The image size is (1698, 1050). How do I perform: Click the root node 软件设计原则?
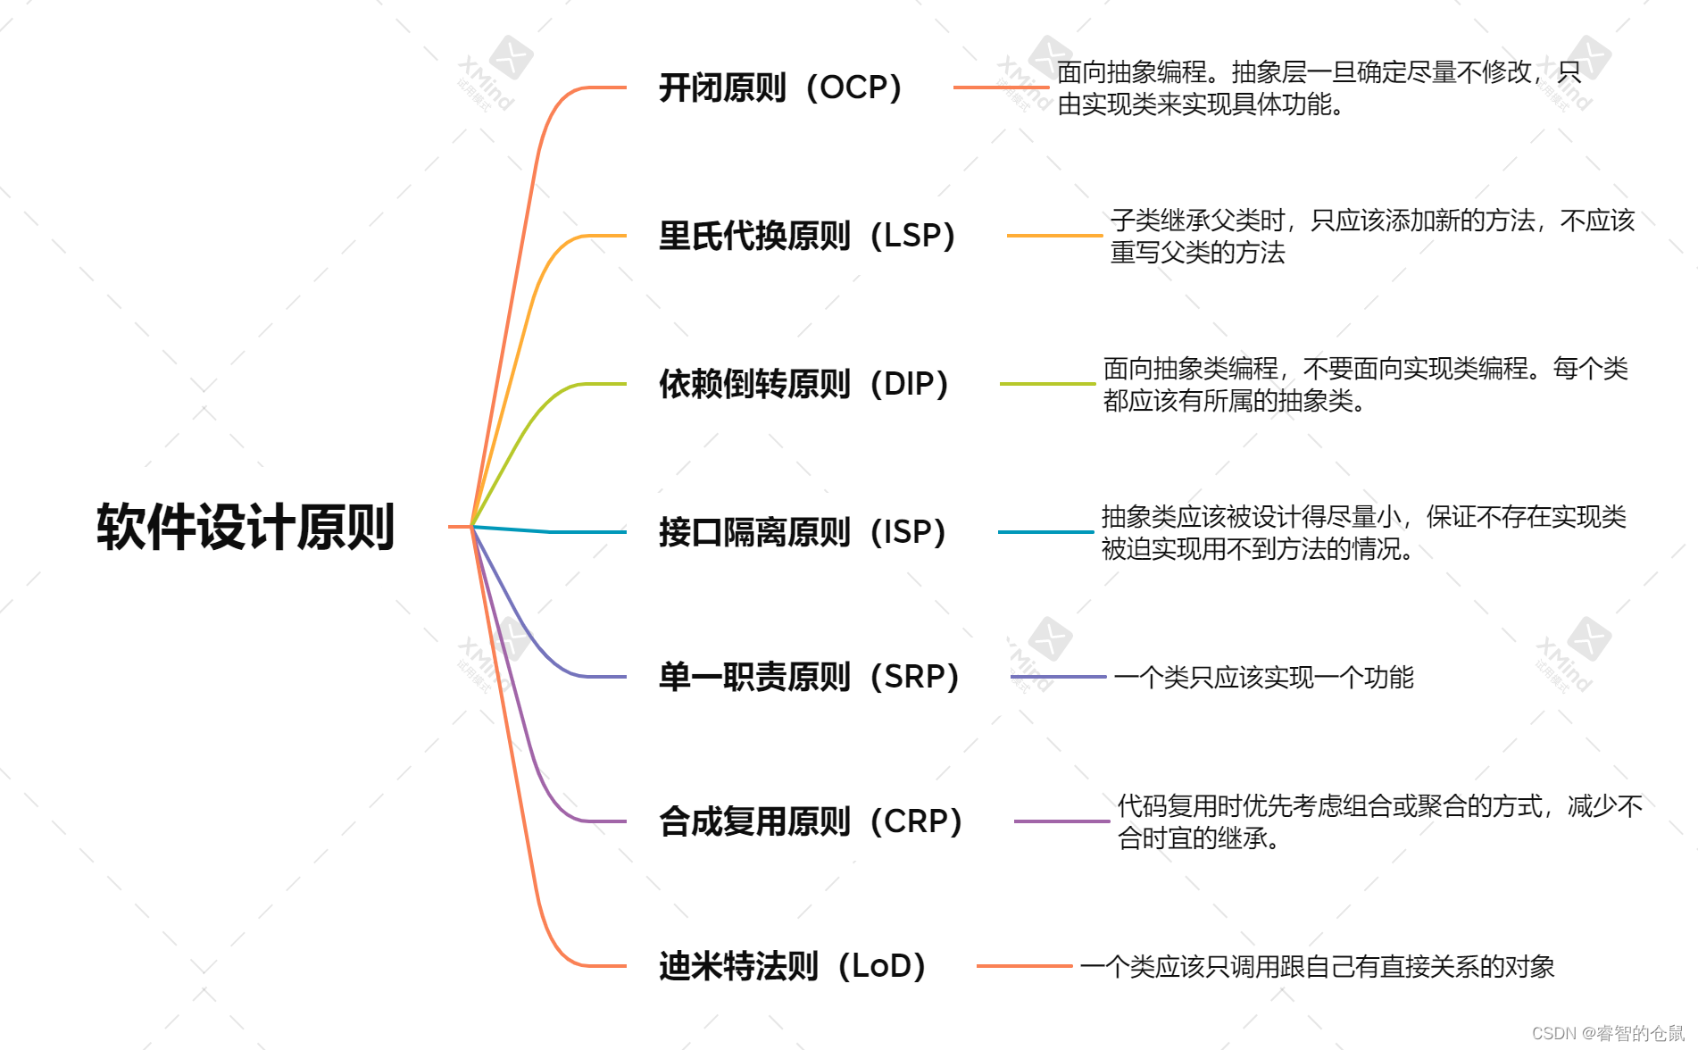(x=246, y=527)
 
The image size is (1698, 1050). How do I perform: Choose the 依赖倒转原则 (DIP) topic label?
(x=803, y=384)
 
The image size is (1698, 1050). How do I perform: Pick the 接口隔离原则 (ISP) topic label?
(x=802, y=532)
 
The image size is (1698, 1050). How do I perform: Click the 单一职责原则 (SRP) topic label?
(x=808, y=677)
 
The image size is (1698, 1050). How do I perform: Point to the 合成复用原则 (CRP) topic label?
(x=810, y=821)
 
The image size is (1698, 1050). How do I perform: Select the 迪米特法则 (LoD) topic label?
(x=792, y=966)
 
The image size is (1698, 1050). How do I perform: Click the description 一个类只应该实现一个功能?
(x=1263, y=678)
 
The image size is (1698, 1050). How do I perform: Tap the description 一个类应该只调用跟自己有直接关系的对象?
(x=1317, y=967)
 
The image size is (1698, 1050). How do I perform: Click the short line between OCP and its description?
(x=1000, y=87)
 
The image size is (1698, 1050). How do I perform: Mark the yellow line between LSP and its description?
(x=1054, y=236)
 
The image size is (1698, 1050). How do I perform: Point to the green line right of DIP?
(x=1047, y=384)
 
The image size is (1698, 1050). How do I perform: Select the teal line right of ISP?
(x=1045, y=532)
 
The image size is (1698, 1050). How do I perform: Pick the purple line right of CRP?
(x=1061, y=821)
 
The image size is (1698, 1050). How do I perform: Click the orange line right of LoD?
(x=1024, y=966)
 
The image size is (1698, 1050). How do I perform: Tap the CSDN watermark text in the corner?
(x=1608, y=1033)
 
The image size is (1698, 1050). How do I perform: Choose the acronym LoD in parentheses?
(x=881, y=966)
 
